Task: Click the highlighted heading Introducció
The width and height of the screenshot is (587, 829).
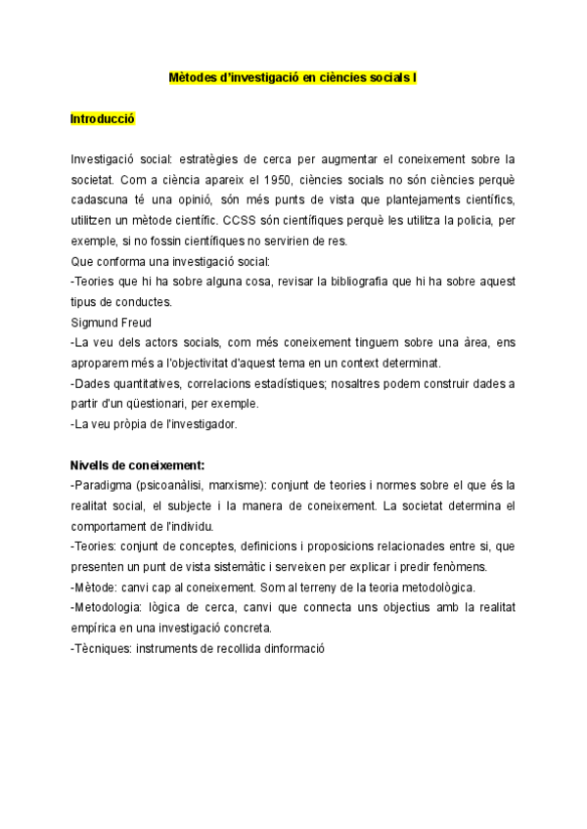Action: tap(103, 118)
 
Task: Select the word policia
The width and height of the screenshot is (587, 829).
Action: tap(465, 220)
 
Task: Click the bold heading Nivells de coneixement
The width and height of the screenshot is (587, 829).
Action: tap(137, 464)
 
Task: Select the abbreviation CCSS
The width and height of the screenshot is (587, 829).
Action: tap(240, 220)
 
